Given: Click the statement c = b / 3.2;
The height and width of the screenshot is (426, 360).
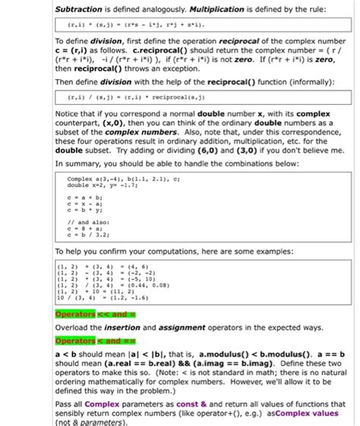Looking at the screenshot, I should click(87, 235).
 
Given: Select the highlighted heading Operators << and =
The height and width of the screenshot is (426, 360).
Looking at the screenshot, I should click(95, 313).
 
